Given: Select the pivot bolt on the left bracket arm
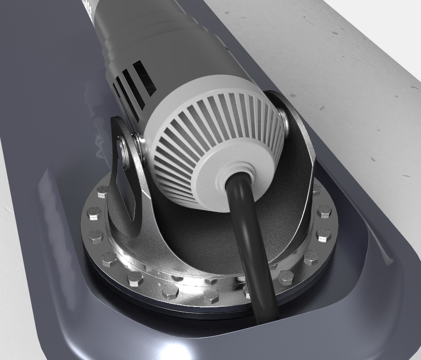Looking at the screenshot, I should pos(125,153).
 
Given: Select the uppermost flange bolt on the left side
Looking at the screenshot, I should pos(103,191).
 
